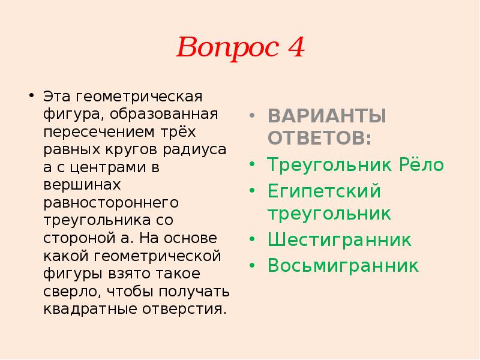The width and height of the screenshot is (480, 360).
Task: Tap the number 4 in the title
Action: pos(295,46)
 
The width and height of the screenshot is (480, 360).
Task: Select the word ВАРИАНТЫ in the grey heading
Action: pos(326,116)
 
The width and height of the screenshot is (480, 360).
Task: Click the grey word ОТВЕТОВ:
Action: pos(319,138)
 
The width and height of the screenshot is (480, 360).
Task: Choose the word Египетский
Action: pos(325,192)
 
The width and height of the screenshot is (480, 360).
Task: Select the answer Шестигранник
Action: pos(340,240)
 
